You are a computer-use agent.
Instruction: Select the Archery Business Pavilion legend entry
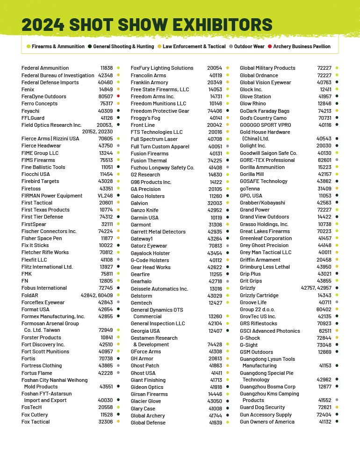coord(302,47)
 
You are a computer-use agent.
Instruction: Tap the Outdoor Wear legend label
coord(249,47)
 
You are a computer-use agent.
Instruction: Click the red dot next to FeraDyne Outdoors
coord(118,96)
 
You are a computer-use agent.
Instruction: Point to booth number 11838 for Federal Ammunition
coord(106,68)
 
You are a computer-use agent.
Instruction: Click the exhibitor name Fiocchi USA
coord(36,174)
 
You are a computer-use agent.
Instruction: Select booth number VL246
coord(105,196)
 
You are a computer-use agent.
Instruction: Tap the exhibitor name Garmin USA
coord(144,218)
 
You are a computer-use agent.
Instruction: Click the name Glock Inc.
coord(251,89)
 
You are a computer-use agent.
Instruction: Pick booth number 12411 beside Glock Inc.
coord(325,89)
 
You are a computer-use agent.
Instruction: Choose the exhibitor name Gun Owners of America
coord(267,422)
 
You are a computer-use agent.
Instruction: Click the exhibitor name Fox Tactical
coord(36,422)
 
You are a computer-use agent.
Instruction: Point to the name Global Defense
coord(148,423)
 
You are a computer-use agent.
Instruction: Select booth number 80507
coord(105,96)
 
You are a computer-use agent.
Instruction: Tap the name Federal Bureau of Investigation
coord(58,75)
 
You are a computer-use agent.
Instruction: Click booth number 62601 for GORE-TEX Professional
coord(324,160)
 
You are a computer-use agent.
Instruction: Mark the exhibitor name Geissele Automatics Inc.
coord(159,289)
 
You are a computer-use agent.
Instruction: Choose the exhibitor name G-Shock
coord(250,338)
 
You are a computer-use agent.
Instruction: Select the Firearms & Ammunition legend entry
coord(58,47)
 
